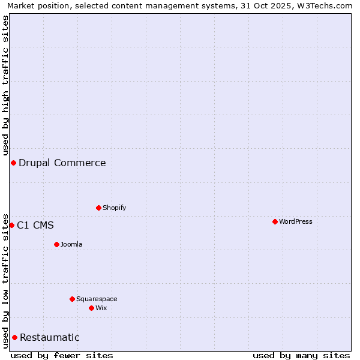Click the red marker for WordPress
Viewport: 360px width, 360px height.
point(275,221)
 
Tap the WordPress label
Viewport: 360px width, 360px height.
point(295,221)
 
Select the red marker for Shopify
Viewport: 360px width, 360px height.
point(98,208)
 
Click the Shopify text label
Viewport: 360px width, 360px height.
point(114,208)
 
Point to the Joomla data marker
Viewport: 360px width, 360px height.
point(56,244)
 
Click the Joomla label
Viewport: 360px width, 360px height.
point(71,244)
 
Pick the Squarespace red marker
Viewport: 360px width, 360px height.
point(72,299)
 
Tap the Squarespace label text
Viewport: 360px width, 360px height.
point(97,299)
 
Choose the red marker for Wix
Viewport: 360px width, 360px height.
point(91,308)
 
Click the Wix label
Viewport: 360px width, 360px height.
point(101,308)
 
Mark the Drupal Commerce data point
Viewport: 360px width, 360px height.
point(13,163)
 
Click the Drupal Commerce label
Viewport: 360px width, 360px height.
point(62,163)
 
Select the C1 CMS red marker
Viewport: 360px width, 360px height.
point(11,225)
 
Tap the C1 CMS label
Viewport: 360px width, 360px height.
point(35,225)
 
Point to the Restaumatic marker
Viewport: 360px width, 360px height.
point(14,337)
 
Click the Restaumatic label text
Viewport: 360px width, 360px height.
point(50,337)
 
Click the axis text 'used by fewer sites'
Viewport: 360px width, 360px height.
point(62,355)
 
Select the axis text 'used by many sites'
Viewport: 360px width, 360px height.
point(301,355)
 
